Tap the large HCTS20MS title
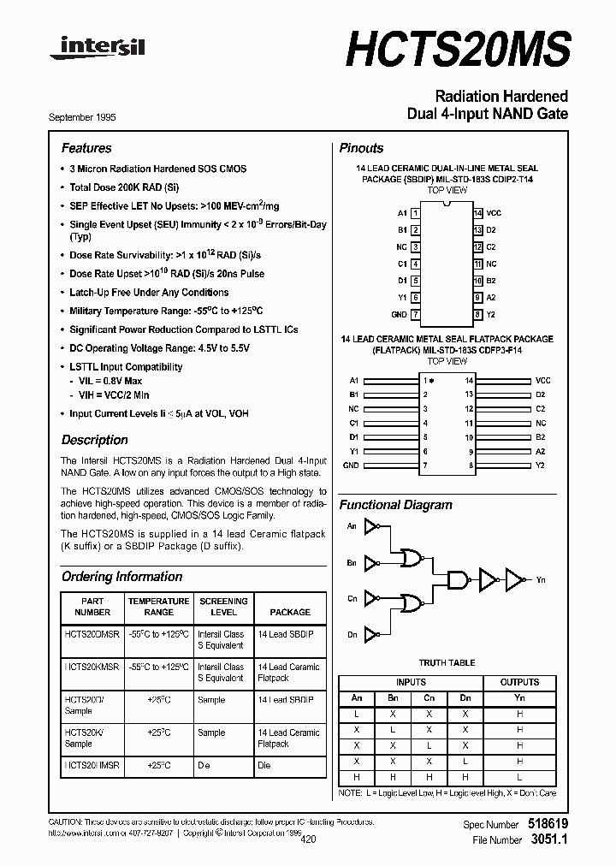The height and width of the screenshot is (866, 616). (x=458, y=48)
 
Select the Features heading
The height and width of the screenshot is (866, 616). (x=86, y=148)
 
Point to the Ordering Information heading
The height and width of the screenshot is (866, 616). (x=121, y=577)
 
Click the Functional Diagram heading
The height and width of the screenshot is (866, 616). (x=395, y=505)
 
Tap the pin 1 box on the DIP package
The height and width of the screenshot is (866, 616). (x=415, y=212)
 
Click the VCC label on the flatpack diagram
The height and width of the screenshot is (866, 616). (x=542, y=379)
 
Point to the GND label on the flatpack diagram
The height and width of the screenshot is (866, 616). (x=351, y=466)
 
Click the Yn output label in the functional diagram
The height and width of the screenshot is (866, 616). (x=540, y=580)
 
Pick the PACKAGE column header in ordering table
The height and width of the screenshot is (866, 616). (x=290, y=612)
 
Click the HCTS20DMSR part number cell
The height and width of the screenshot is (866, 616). (x=92, y=634)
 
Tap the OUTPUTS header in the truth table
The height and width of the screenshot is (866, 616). (x=519, y=682)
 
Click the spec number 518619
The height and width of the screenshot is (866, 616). (x=548, y=824)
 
